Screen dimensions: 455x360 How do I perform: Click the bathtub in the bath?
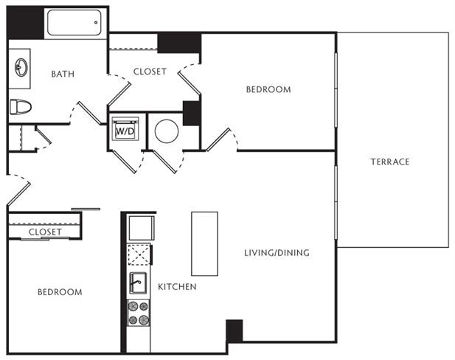(x=74, y=22)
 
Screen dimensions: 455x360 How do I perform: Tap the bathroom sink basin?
(x=21, y=67)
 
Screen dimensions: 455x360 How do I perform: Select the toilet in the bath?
(x=21, y=106)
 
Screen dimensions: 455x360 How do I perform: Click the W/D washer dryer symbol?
(x=125, y=129)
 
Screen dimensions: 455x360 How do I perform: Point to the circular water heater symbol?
(x=166, y=131)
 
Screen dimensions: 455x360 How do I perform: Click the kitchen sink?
(x=138, y=283)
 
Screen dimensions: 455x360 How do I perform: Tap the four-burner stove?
(x=139, y=313)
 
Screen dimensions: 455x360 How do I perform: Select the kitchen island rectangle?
(x=204, y=243)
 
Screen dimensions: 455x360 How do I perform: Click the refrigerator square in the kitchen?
(x=142, y=228)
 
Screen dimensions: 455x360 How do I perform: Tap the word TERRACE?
(x=390, y=162)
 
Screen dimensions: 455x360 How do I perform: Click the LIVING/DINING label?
(x=277, y=253)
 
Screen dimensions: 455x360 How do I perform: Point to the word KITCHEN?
(x=177, y=287)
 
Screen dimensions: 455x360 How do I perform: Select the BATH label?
(x=63, y=74)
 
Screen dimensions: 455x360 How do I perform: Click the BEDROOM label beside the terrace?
(x=268, y=89)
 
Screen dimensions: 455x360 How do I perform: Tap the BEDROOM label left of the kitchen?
(x=60, y=292)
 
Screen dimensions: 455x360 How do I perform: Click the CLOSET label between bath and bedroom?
(x=150, y=72)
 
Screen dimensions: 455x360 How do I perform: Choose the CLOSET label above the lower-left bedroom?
(x=45, y=232)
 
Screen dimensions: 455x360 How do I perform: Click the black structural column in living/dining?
(x=235, y=330)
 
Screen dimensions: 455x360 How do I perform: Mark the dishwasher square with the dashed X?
(x=139, y=255)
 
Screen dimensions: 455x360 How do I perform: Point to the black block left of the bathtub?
(x=25, y=23)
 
